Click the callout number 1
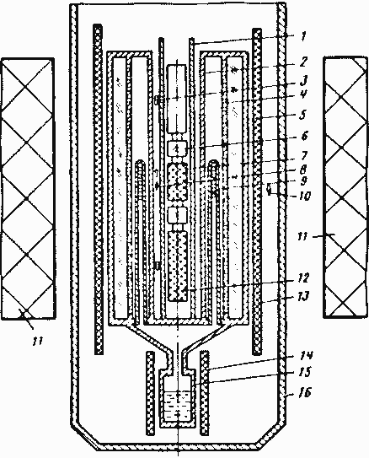coord(303,37)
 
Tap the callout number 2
coord(303,62)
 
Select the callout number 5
coord(303,115)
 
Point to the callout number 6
coord(304,136)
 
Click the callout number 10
coord(304,196)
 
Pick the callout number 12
coord(303,277)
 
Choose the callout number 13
coord(303,296)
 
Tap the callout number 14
coord(306,355)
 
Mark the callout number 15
coord(305,372)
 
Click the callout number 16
coord(305,392)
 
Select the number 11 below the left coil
coord(38,341)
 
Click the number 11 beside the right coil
coord(302,236)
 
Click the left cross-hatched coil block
coord(28,188)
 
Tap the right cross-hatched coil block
coord(345,187)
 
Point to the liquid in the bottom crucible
coord(178,407)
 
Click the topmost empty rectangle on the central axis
coord(176,99)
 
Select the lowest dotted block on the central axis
coord(178,266)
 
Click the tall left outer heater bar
coord(99,189)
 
